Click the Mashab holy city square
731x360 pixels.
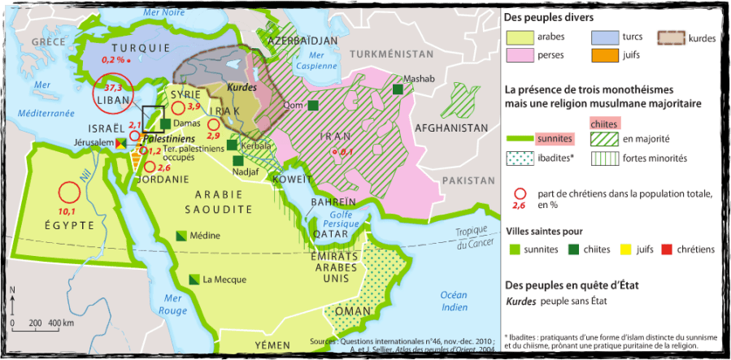point(398,89)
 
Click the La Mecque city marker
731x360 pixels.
point(194,279)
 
